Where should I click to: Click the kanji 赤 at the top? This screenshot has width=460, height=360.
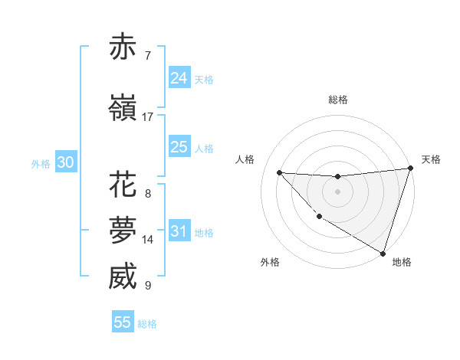point(123,47)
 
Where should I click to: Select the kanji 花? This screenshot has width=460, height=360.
point(123,185)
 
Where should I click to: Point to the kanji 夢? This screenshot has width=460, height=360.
point(123,231)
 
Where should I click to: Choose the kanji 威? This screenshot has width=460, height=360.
point(123,277)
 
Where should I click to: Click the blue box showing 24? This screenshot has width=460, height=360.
point(179,78)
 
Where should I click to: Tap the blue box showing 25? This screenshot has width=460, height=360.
point(179,147)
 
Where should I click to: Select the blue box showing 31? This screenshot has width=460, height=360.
point(179,231)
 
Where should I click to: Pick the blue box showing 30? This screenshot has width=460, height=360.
point(65,162)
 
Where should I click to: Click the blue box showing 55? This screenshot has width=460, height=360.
point(123,322)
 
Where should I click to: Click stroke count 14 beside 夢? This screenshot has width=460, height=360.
point(148,240)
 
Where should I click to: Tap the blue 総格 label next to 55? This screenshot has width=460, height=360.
point(147,324)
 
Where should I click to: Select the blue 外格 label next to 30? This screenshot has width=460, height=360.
point(41,164)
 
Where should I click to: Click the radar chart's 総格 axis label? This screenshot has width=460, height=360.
point(338,100)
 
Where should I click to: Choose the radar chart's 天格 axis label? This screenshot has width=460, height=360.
point(431,159)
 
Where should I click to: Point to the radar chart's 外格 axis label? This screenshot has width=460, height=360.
point(270,262)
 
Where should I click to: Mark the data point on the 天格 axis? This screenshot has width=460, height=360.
point(409,169)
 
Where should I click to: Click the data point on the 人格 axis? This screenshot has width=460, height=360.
point(279,172)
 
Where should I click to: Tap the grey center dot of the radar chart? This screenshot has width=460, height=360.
point(337,191)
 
